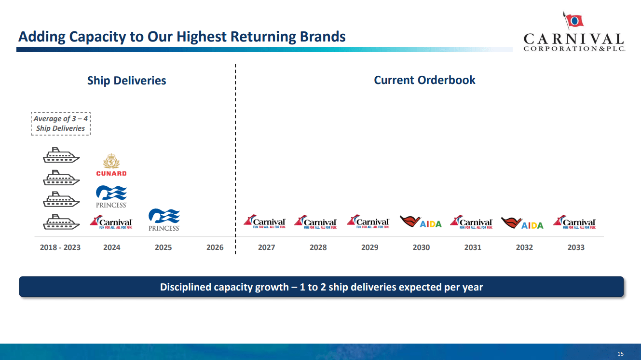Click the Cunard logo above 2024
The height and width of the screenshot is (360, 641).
(111, 166)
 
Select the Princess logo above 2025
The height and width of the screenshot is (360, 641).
(164, 220)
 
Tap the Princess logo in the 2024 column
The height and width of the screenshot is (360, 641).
(111, 196)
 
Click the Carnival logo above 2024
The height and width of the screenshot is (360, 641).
(111, 222)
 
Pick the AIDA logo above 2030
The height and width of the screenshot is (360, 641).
(421, 222)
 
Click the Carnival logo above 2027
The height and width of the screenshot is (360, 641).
(265, 222)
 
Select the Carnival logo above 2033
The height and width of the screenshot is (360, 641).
(574, 222)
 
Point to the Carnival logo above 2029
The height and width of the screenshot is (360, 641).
(368, 222)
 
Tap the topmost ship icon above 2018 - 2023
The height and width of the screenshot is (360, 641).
(61, 155)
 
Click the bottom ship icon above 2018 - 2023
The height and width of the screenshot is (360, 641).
(61, 222)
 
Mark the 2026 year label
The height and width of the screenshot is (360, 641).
(215, 247)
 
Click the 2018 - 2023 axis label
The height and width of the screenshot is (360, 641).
(60, 247)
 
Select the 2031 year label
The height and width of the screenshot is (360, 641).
(473, 247)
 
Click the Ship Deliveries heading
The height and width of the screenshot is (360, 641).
(126, 81)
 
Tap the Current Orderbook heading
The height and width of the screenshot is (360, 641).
(424, 80)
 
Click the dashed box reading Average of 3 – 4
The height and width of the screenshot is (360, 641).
(61, 124)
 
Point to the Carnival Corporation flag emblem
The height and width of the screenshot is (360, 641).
(573, 20)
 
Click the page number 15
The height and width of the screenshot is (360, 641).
(620, 354)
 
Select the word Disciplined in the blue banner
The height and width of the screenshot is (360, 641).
(185, 287)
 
